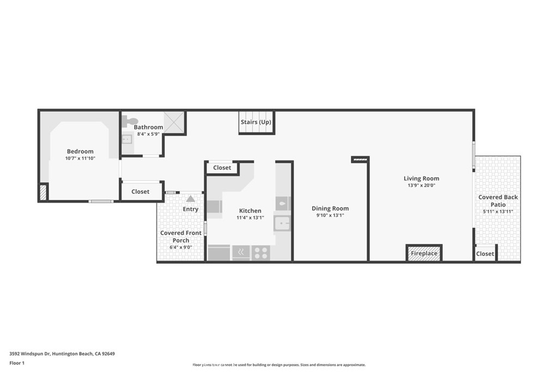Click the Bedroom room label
pyautogui.click(x=80, y=151)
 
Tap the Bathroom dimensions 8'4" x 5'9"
pyautogui.click(x=148, y=134)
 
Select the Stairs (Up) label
pyautogui.click(x=256, y=122)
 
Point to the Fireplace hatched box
pyautogui.click(x=424, y=253)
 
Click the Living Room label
pyautogui.click(x=421, y=178)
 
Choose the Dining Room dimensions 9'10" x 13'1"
pyautogui.click(x=330, y=215)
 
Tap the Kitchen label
pyautogui.click(x=250, y=211)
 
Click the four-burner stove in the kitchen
pyautogui.click(x=261, y=253)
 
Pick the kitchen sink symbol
pyautogui.click(x=282, y=223)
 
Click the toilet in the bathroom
pyautogui.click(x=130, y=121)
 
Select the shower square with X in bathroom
pyautogui.click(x=174, y=123)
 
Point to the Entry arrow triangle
pyautogui.click(x=190, y=198)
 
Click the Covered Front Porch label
pyautogui.click(x=181, y=236)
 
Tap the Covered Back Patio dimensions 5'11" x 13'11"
pyautogui.click(x=498, y=211)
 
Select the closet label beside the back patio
pyautogui.click(x=485, y=254)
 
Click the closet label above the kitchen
pyautogui.click(x=222, y=168)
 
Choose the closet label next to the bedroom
pyautogui.click(x=140, y=191)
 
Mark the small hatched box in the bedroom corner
pyautogui.click(x=43, y=192)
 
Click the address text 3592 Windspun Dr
pyautogui.click(x=31, y=353)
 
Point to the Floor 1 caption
pyautogui.click(x=17, y=363)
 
